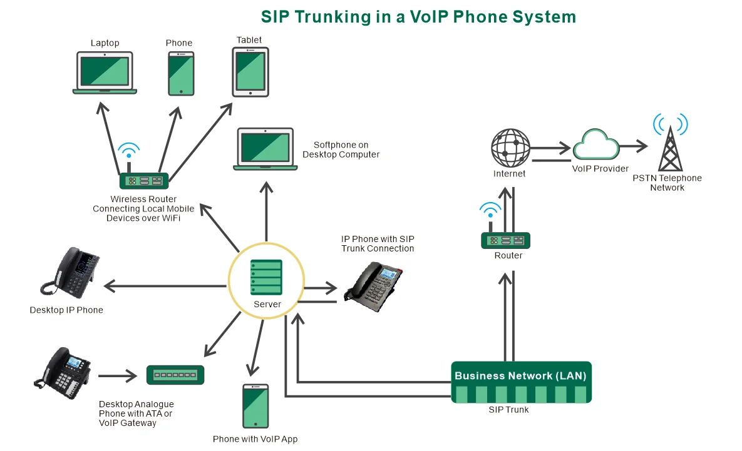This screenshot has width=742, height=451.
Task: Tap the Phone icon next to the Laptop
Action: [x=181, y=73]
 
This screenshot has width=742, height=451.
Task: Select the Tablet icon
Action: [x=250, y=72]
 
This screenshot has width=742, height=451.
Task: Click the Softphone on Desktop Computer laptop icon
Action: [x=265, y=148]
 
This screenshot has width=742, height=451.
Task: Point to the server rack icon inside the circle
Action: [x=266, y=278]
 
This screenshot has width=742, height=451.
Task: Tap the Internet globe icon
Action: [x=510, y=148]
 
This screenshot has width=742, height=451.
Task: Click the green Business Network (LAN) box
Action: [x=521, y=382]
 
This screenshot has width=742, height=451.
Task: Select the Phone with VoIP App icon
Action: [x=255, y=406]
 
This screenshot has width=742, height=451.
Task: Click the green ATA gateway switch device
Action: [x=175, y=375]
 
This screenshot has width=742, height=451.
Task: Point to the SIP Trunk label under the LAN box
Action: [x=508, y=410]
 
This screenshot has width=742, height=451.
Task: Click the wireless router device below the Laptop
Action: [x=144, y=181]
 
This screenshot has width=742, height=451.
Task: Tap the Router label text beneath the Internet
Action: [x=508, y=256]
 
